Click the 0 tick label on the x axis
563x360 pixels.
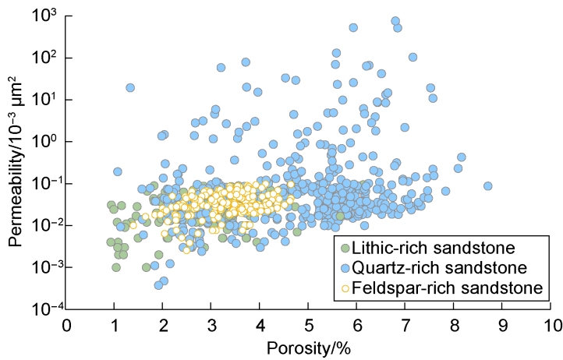coord(67,323)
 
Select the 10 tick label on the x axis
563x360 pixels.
coord(552,323)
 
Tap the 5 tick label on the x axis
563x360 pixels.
coord(310,323)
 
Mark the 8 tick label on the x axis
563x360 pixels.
coord(455,323)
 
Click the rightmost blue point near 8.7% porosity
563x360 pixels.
coord(488,186)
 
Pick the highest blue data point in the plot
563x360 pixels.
coord(395,21)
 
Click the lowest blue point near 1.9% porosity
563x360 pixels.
coord(158,285)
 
